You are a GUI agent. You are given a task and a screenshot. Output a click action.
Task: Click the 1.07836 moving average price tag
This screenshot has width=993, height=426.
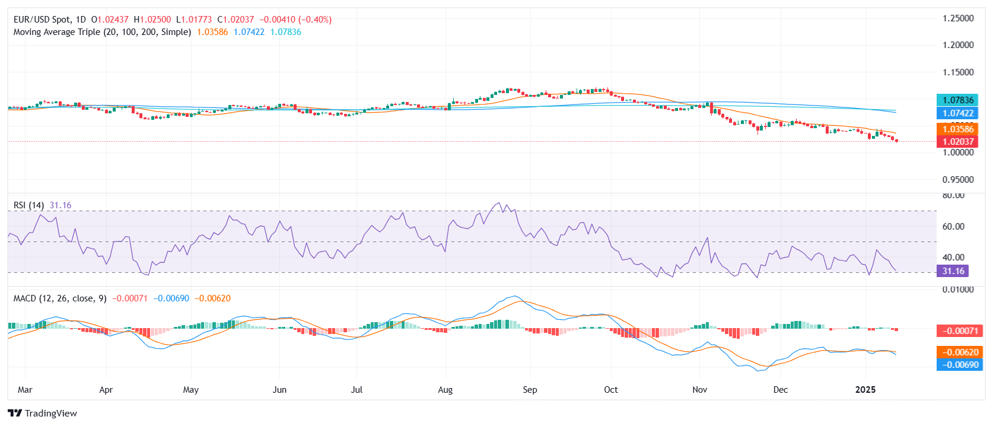coord(957,100)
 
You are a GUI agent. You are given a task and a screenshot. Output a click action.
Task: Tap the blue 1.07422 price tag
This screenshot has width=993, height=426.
coord(957,113)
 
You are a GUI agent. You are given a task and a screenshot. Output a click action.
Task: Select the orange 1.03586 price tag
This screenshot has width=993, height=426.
coord(957,129)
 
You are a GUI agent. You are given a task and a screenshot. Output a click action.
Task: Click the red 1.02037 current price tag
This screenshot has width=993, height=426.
coord(957,142)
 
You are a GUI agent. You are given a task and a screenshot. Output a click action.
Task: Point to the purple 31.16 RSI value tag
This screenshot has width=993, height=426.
coord(953,271)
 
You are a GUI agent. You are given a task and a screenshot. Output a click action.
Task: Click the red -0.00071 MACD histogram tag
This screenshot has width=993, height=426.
coord(957,331)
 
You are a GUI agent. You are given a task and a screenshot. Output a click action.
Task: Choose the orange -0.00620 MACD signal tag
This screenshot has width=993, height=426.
coord(957,352)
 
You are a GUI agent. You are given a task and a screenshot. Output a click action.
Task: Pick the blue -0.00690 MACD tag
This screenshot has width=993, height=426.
coord(957,365)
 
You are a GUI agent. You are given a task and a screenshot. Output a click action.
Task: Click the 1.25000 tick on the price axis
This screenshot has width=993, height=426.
coord(958,18)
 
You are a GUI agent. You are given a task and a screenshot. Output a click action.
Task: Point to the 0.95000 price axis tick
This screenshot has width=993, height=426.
coord(958,180)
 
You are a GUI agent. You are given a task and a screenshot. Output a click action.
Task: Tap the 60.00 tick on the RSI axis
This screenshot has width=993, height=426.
coord(953,227)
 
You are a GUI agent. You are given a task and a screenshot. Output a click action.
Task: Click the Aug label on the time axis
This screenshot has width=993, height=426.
coord(445,390)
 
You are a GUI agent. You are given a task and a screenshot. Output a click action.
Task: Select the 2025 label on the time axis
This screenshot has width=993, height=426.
coord(865,390)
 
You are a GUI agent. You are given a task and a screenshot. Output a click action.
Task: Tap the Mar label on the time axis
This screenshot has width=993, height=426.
coord(25,390)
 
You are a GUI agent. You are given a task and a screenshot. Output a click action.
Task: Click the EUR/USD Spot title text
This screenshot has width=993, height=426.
coord(42,20)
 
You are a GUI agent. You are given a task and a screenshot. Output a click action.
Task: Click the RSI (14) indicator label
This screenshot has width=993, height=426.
coord(28,205)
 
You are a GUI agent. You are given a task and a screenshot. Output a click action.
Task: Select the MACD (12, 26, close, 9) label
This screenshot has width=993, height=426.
coord(60,298)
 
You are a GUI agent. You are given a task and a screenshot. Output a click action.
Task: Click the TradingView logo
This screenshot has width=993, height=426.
coord(43,414)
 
